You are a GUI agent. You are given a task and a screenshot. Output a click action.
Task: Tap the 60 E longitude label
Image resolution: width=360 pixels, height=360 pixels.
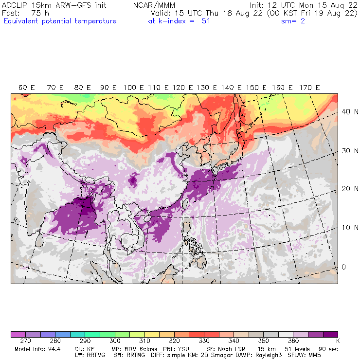pyautogui.click(x=27, y=88)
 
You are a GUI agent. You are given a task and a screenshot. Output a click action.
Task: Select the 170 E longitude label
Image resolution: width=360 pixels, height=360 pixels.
pyautogui.click(x=310, y=88)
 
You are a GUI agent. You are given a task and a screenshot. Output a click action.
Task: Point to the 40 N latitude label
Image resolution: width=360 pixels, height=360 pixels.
pyautogui.click(x=346, y=111)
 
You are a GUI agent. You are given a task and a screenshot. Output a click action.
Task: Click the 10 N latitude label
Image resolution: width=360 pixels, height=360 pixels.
pyautogui.click(x=346, y=228)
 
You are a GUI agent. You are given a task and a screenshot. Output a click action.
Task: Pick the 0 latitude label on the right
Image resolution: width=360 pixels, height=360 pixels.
pyautogui.click(x=343, y=267)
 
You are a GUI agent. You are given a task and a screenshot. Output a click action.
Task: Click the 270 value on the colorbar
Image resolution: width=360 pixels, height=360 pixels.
pyautogui.click(x=26, y=342)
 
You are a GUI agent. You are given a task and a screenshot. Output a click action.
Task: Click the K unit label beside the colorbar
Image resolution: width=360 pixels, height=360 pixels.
pyautogui.click(x=337, y=342)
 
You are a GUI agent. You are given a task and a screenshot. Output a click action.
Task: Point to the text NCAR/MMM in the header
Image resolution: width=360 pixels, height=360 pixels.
pyautogui.click(x=154, y=5)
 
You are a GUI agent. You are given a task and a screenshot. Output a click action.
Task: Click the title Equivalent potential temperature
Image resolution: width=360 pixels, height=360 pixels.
pyautogui.click(x=60, y=21)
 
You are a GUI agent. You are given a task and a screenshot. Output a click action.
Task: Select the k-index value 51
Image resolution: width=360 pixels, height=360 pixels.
pyautogui.click(x=206, y=21)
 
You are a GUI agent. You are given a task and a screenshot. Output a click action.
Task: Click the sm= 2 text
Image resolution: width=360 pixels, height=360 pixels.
pyautogui.click(x=293, y=21)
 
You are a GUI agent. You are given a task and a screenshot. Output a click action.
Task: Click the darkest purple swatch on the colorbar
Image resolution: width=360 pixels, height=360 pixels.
pyautogui.click(x=330, y=334)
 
